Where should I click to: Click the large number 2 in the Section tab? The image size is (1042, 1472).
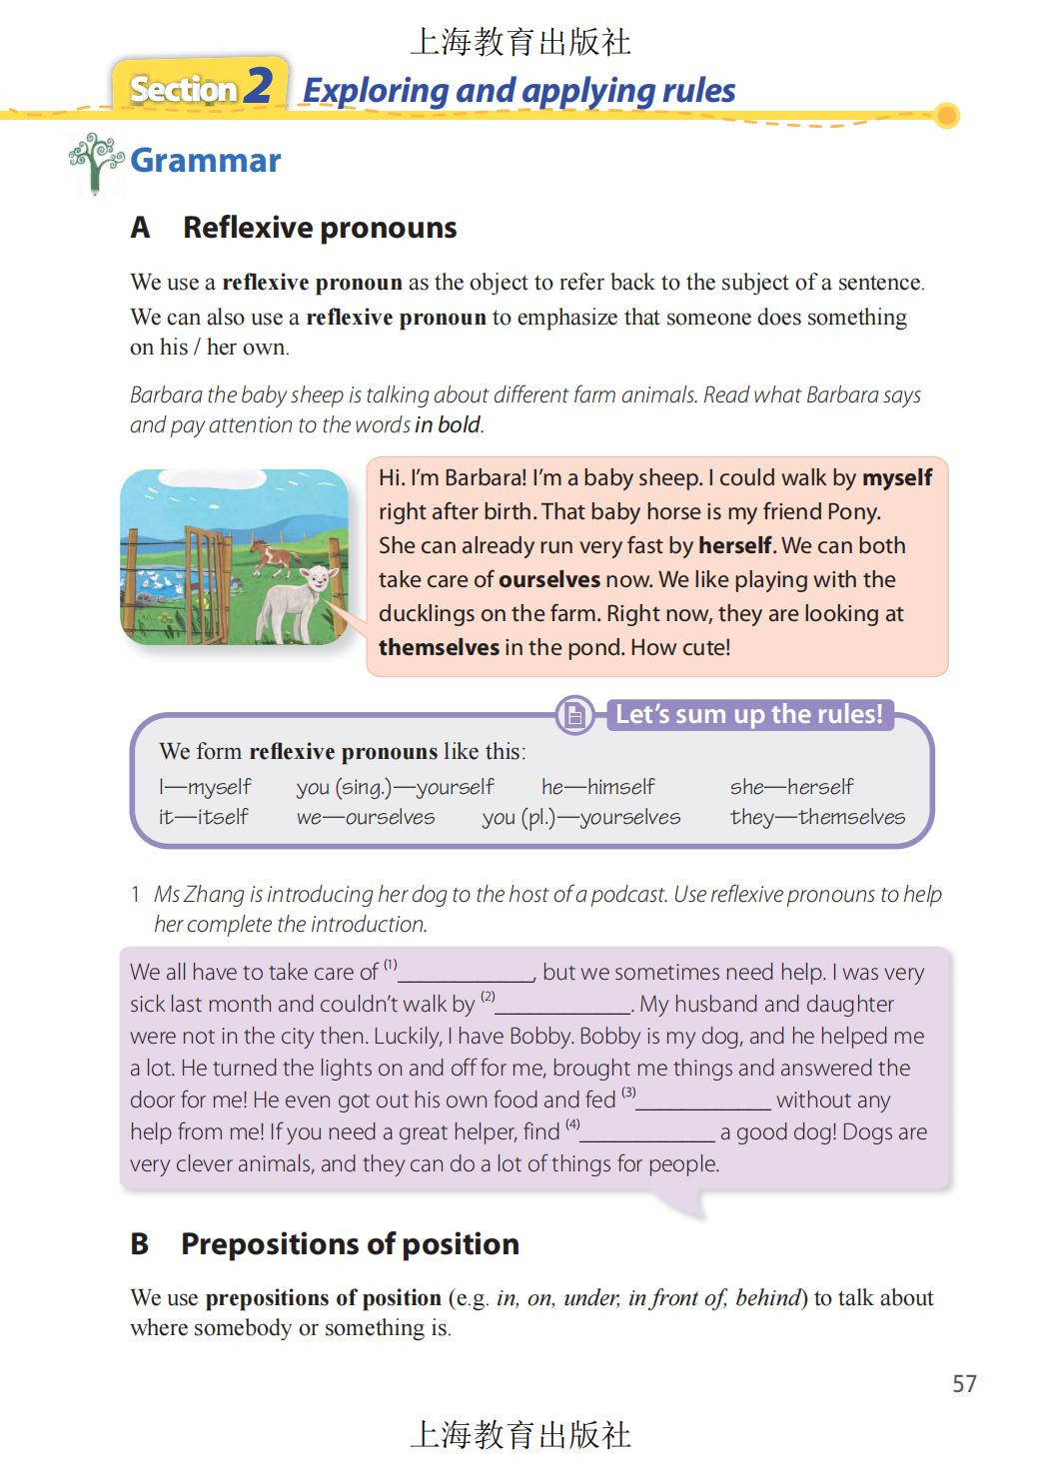(x=258, y=86)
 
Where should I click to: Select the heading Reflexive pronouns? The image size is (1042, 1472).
(x=319, y=228)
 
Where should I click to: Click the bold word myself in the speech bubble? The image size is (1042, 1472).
(x=896, y=477)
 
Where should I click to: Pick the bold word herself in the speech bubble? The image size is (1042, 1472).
(x=735, y=545)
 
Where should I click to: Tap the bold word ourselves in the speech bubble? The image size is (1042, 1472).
(x=548, y=579)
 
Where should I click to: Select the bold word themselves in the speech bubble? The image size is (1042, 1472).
(x=439, y=647)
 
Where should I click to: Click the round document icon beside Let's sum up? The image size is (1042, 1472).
(x=574, y=715)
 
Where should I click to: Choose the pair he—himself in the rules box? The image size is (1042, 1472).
(x=597, y=787)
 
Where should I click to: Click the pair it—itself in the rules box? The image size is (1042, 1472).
(x=203, y=817)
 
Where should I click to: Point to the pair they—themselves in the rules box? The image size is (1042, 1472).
(x=816, y=817)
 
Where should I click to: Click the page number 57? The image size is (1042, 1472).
(x=964, y=1383)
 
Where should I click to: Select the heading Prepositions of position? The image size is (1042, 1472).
(x=349, y=1243)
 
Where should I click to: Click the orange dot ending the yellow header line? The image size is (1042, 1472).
(x=946, y=116)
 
